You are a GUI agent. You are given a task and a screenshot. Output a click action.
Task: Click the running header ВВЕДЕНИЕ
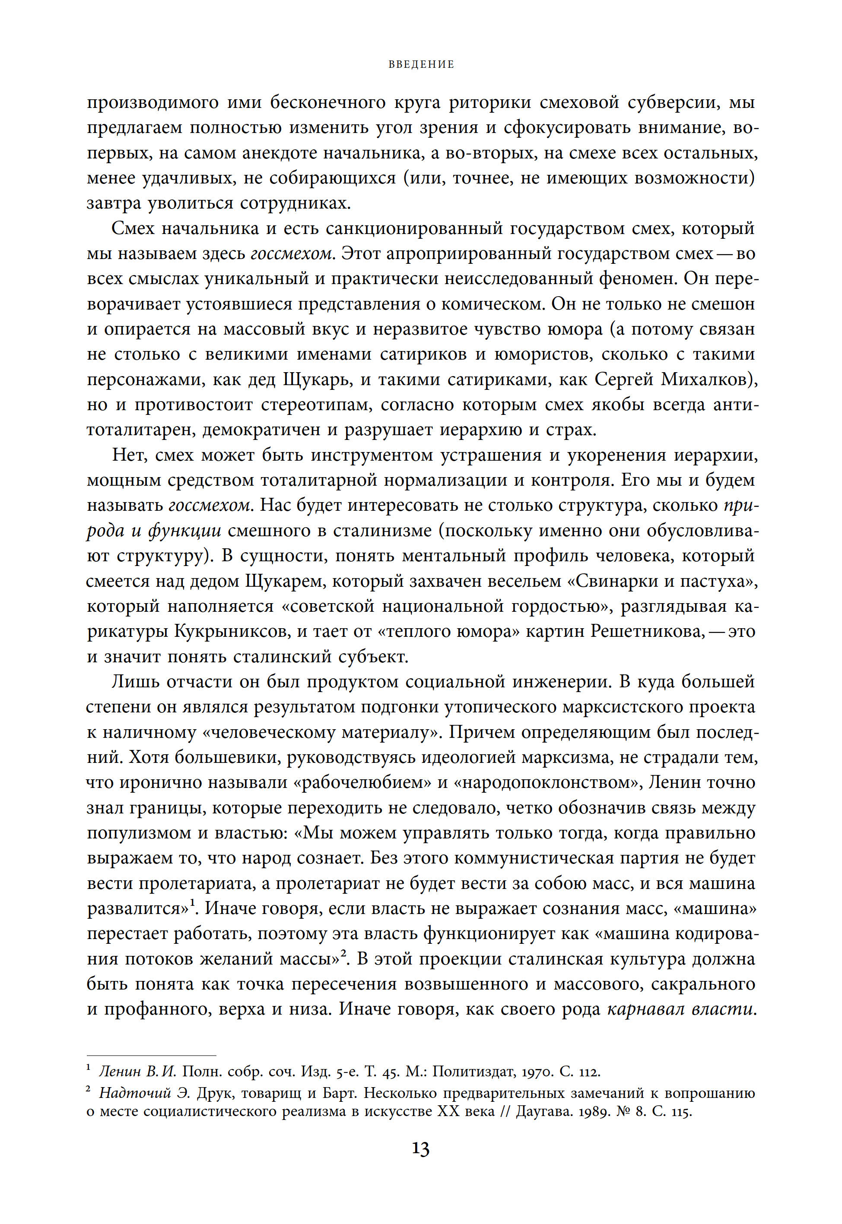tap(421, 65)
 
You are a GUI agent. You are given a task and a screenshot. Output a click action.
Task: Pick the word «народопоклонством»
tap(543, 782)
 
